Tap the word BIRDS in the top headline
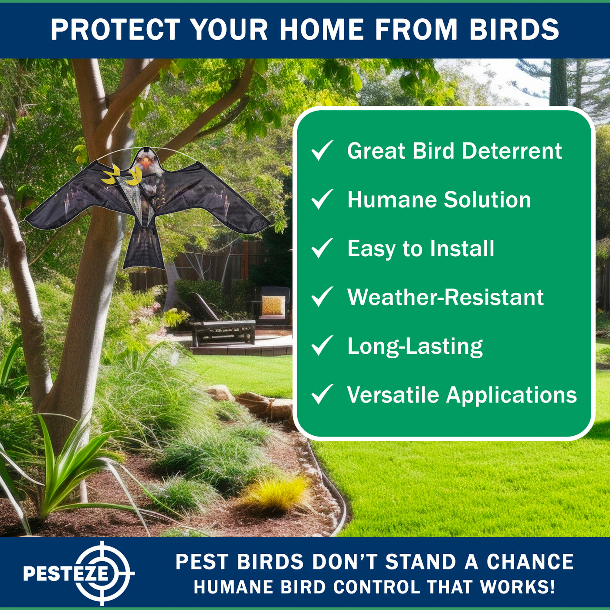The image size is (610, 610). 515,30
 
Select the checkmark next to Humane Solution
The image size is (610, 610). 322,200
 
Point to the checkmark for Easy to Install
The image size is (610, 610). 322,248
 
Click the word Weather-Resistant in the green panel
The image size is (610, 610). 445,297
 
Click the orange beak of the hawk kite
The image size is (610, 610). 146,163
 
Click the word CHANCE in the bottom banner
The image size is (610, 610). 530,562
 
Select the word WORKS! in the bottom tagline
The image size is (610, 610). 517,587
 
